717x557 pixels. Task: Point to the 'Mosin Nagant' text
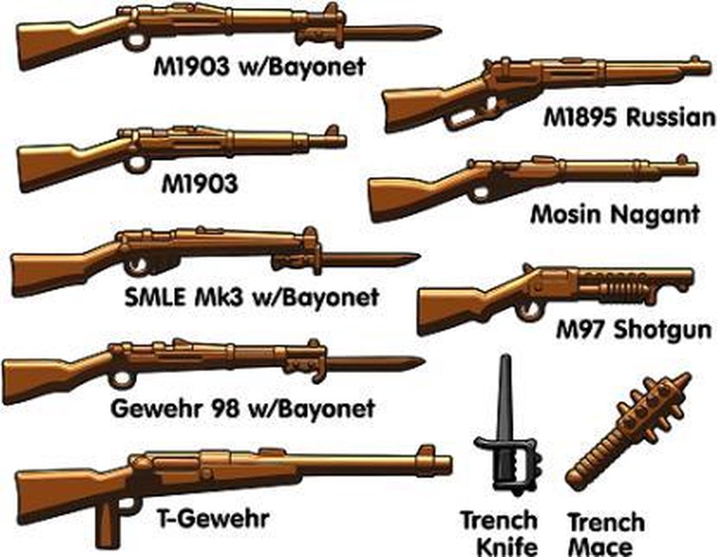615,214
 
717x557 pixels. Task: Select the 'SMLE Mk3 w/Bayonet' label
252,297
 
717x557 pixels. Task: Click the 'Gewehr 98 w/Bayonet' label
243,409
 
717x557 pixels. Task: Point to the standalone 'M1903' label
200,184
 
